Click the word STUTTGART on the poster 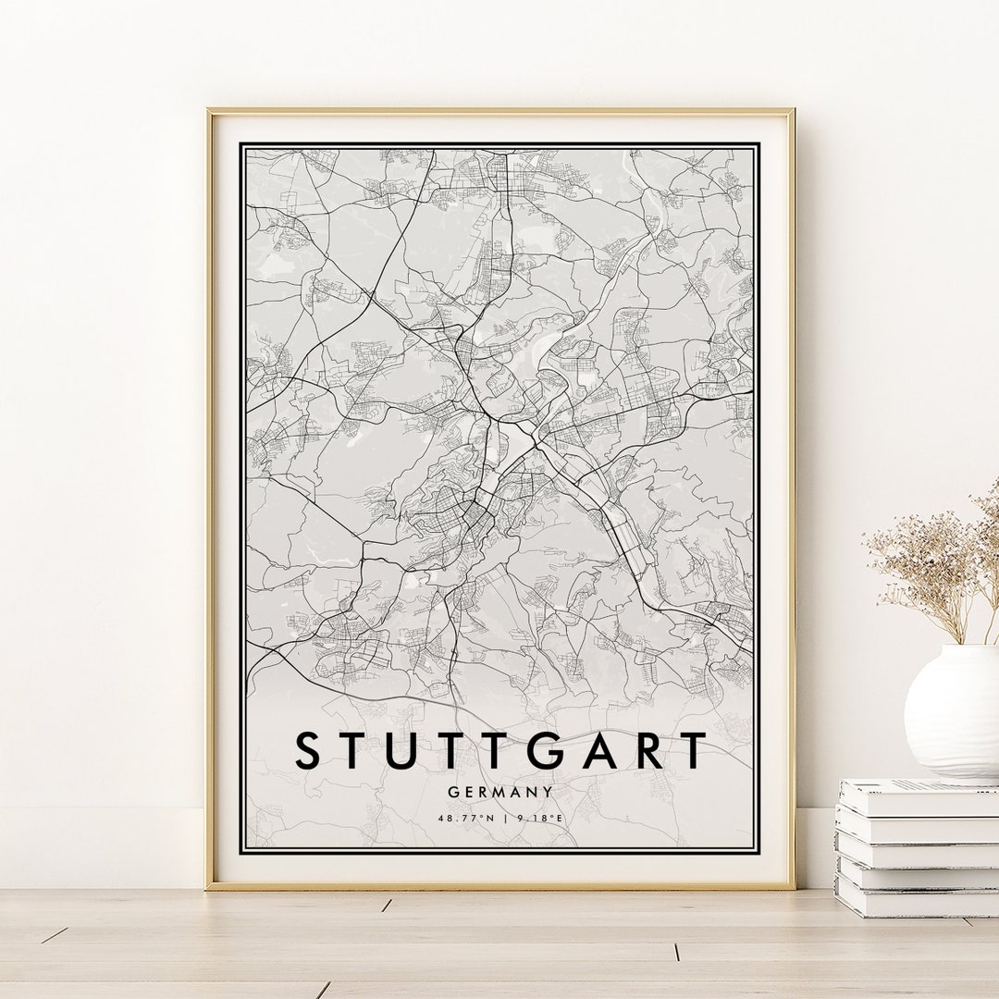500,750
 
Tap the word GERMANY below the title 500,792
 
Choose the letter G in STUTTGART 549,750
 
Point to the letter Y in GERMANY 548,792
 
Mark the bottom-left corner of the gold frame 209,887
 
